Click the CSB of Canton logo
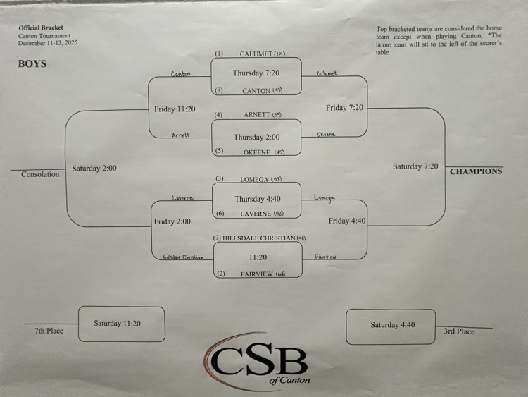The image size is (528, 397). [x=258, y=360]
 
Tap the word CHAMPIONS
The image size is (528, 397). [x=476, y=171]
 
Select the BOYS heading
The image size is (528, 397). [x=32, y=63]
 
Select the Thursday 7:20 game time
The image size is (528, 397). [x=256, y=73]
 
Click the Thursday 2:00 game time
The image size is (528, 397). [x=256, y=138]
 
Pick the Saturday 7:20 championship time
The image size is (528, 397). [x=415, y=166]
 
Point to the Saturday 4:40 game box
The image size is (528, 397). [x=393, y=325]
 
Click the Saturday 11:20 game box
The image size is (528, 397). [x=122, y=324]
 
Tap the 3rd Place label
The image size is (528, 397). [x=459, y=331]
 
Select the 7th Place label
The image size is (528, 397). [x=50, y=331]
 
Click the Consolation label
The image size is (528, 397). [x=40, y=174]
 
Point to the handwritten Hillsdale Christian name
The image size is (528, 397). [x=183, y=257]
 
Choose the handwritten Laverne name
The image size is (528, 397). [x=182, y=198]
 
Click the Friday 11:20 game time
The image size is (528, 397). [x=175, y=109]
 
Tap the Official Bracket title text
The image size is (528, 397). [x=40, y=28]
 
